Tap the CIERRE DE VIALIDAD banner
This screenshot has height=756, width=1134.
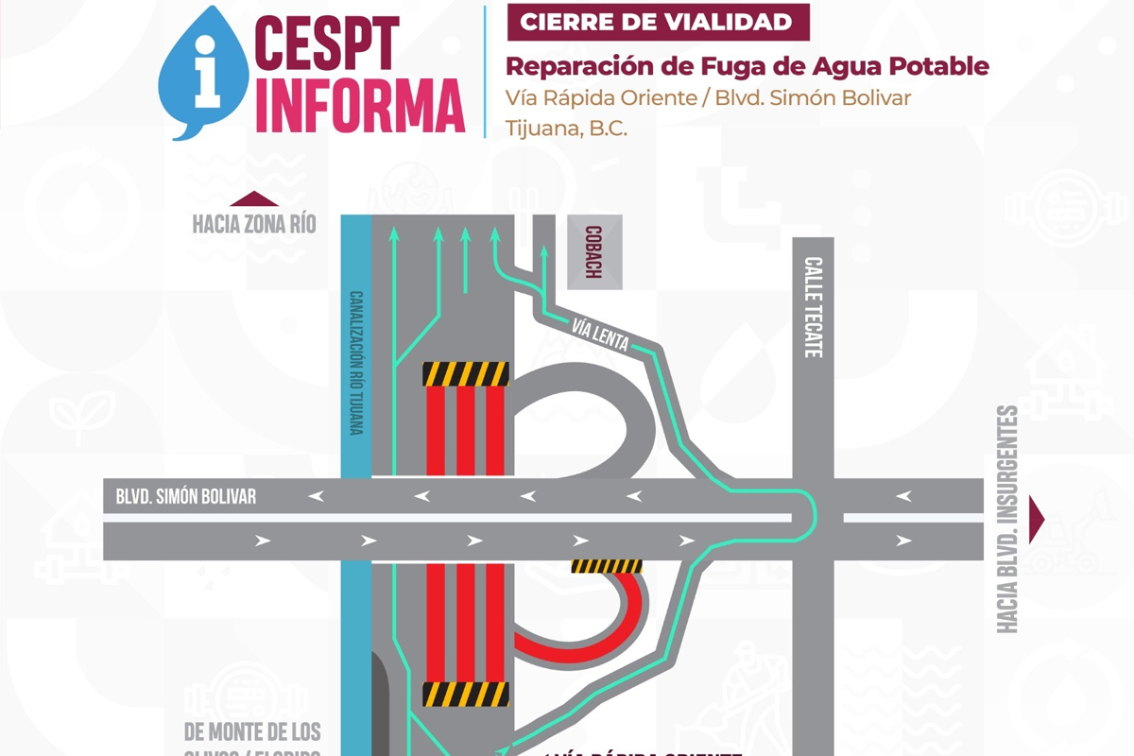658,23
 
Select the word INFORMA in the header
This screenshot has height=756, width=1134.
360,106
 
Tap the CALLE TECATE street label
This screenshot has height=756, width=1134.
813,307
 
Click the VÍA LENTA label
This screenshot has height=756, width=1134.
600,335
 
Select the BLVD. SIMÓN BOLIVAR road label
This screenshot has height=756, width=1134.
186,496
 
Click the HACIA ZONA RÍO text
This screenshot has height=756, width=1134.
254,225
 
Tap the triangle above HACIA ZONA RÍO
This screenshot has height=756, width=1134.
254,198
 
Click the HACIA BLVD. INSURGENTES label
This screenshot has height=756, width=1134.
1007,519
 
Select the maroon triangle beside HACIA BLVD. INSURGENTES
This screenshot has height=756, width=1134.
1037,518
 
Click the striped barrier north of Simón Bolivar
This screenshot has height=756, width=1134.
465,374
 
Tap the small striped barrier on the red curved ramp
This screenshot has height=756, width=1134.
607,566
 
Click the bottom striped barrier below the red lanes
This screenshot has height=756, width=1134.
465,695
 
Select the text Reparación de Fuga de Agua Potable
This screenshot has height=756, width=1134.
747,66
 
